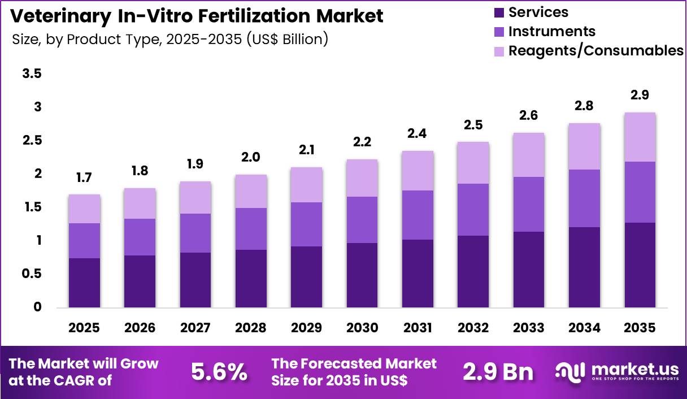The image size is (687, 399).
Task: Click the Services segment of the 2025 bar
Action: pyautogui.click(x=84, y=283)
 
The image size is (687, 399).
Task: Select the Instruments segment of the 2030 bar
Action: pyautogui.click(x=362, y=220)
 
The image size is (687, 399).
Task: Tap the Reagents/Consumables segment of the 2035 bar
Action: pyautogui.click(x=640, y=137)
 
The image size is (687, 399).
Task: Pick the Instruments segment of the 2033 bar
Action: pyautogui.click(x=528, y=204)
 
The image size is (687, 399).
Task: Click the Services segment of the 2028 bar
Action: pyautogui.click(x=251, y=279)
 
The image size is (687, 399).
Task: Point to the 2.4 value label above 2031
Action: pyautogui.click(x=418, y=133)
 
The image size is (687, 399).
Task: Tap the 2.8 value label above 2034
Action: pyautogui.click(x=584, y=106)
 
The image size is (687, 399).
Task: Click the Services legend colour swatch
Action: pyautogui.click(x=499, y=12)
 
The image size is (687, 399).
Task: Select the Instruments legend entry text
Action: pyautogui.click(x=551, y=31)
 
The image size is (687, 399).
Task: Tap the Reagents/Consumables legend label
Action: pyautogui.click(x=595, y=50)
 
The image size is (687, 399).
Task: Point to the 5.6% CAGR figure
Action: pyautogui.click(x=219, y=371)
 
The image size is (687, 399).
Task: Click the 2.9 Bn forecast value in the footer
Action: pyautogui.click(x=498, y=371)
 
